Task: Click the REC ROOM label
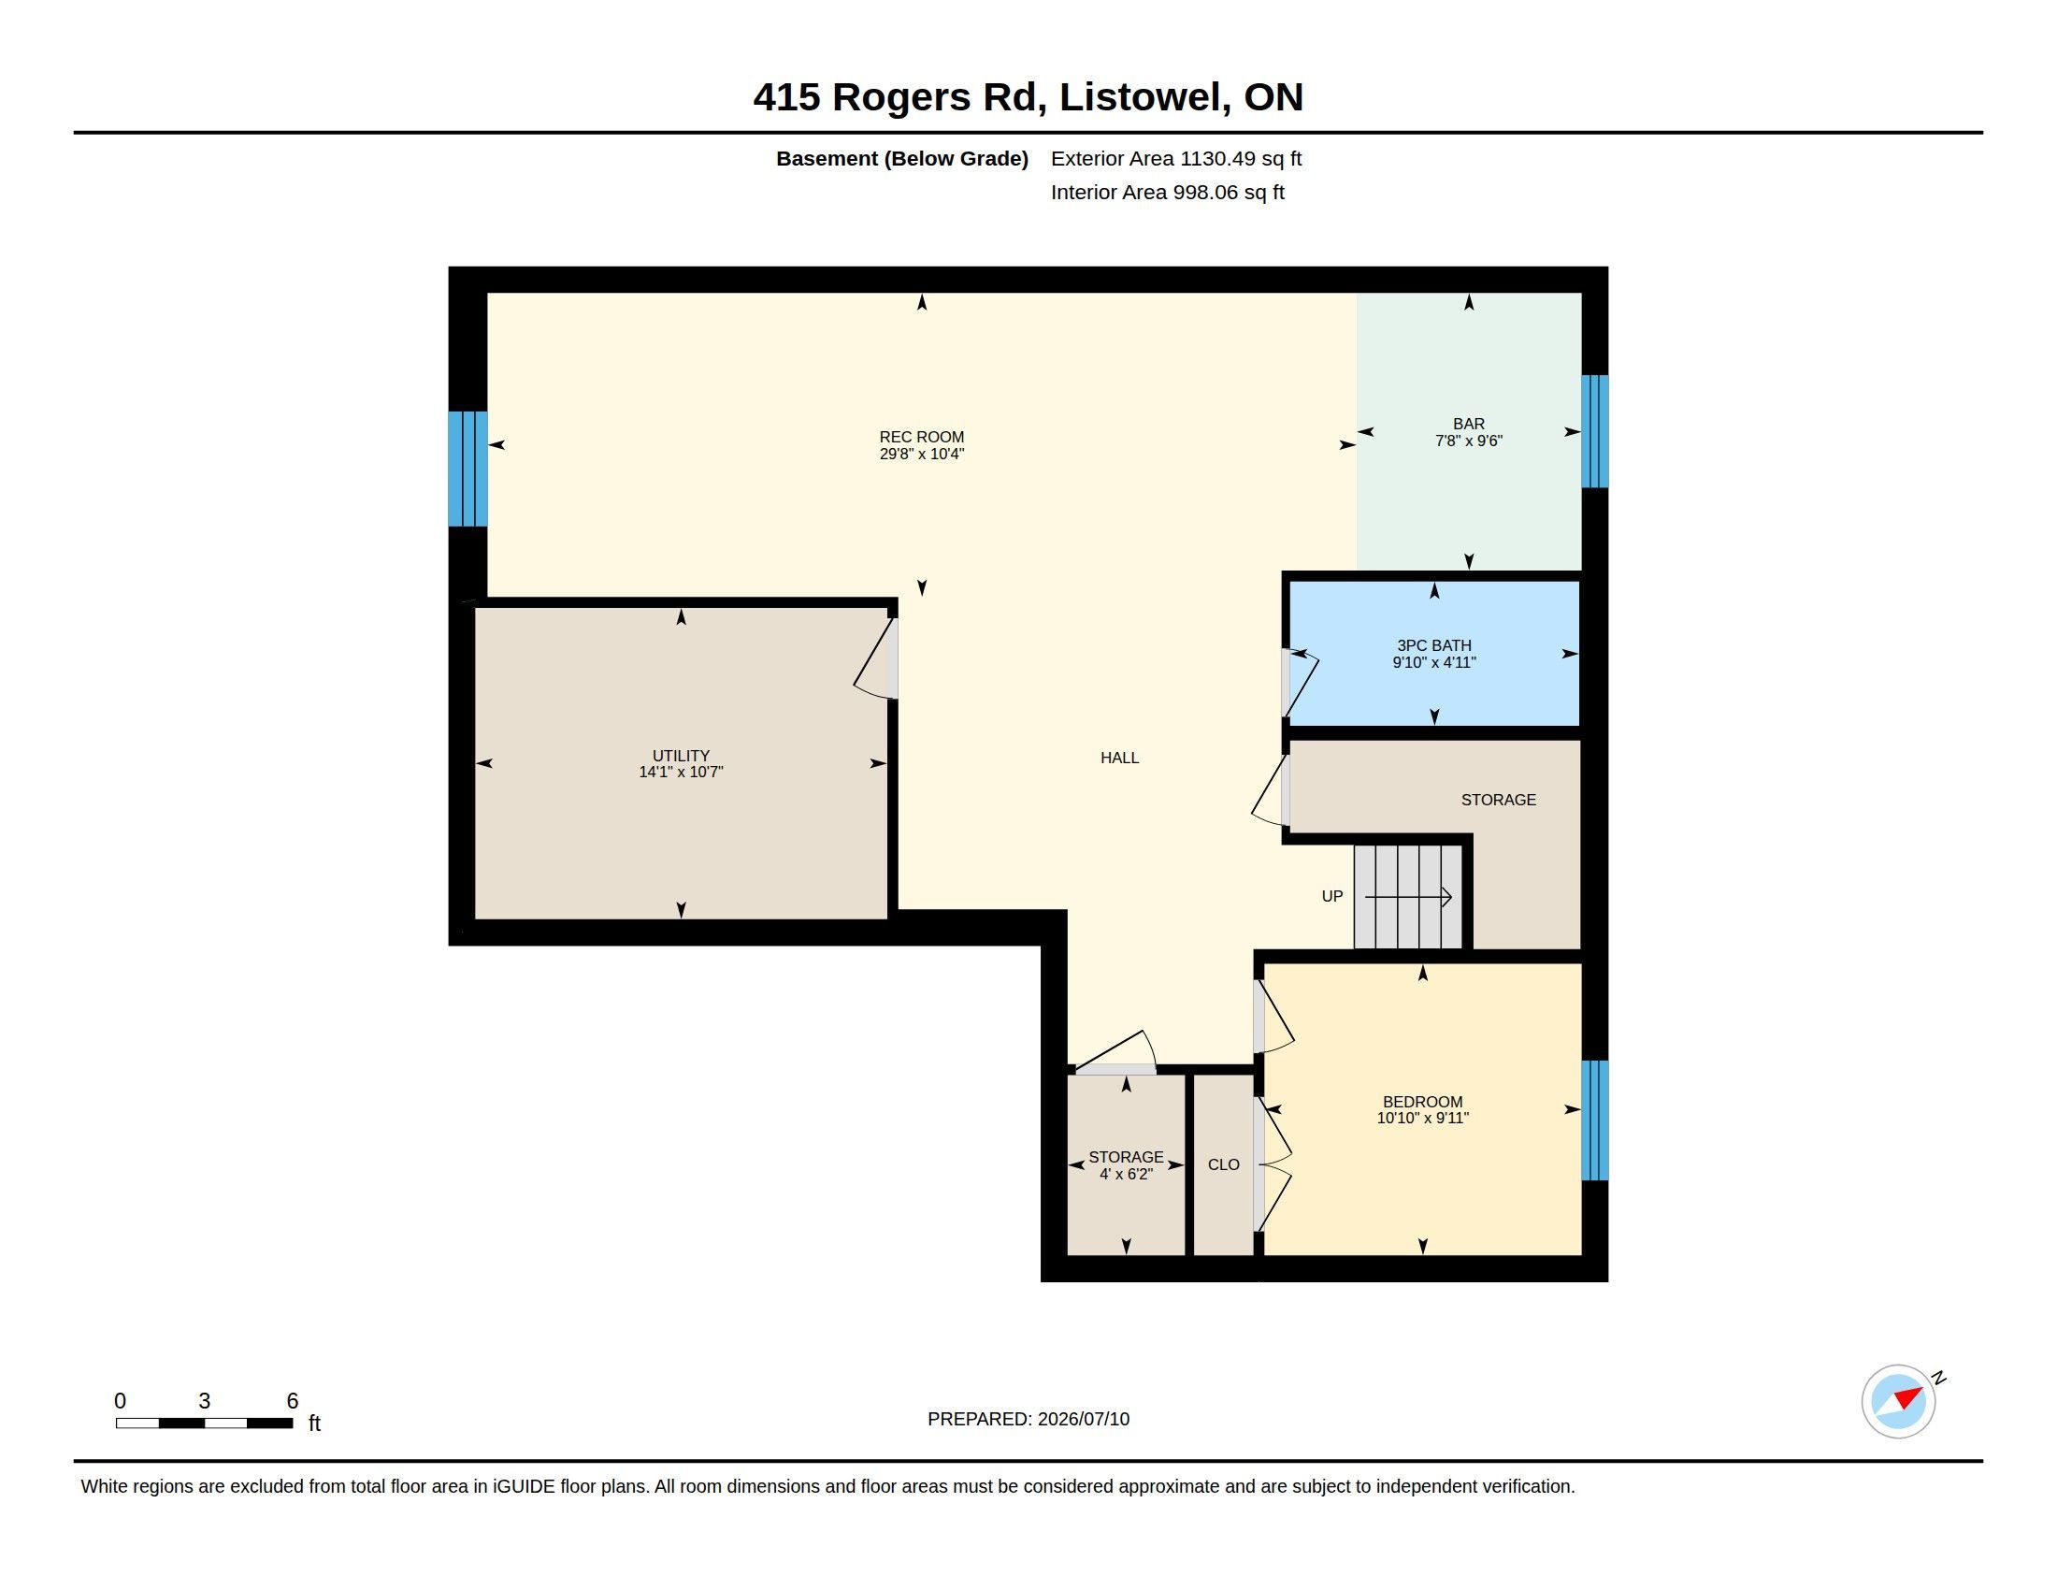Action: [921, 437]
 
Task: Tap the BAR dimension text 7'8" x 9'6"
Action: [1468, 441]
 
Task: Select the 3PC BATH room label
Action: [1433, 645]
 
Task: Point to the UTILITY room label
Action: [681, 756]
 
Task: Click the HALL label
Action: [1120, 758]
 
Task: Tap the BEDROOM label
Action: [1422, 1102]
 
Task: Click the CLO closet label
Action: [1224, 1165]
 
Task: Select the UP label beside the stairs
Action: [1331, 897]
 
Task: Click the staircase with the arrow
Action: [1408, 897]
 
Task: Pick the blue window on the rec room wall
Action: [468, 469]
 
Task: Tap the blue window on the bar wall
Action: [1594, 431]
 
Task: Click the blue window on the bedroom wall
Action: [1594, 1120]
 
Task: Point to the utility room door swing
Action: [876, 658]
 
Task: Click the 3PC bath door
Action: [1300, 683]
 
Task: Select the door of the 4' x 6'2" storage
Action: [1116, 1053]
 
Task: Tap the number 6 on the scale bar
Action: [292, 1401]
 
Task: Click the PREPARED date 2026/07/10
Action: [1083, 1420]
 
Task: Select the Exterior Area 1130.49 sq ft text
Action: [1176, 158]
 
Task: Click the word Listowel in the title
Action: [1145, 97]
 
